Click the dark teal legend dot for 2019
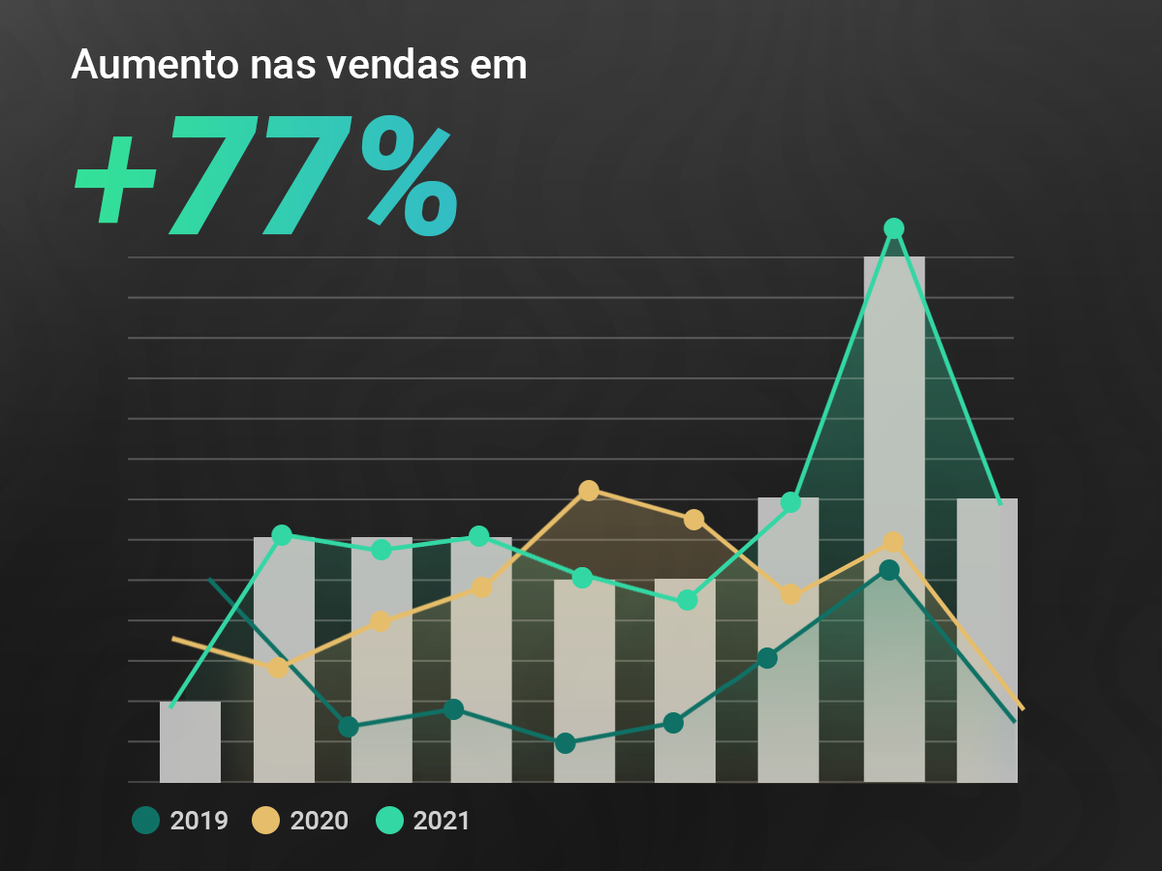pyautogui.click(x=145, y=821)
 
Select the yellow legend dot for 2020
pyautogui.click(x=265, y=821)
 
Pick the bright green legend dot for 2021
pyautogui.click(x=388, y=821)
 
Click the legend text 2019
pyautogui.click(x=199, y=822)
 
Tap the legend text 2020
pyautogui.click(x=320, y=822)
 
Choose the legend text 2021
pyautogui.click(x=442, y=822)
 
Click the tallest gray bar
pyautogui.click(x=894, y=523)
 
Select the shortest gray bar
pyautogui.click(x=190, y=741)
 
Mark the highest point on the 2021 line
pyautogui.click(x=894, y=228)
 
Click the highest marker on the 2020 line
pyautogui.click(x=588, y=491)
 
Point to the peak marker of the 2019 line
pyautogui.click(x=889, y=570)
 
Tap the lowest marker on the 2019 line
pyautogui.click(x=566, y=743)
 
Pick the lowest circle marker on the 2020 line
pyautogui.click(x=278, y=668)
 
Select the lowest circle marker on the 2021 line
pyautogui.click(x=688, y=600)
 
